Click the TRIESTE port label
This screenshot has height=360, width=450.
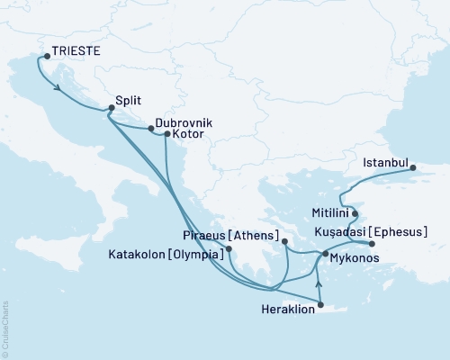pyautogui.click(x=76, y=53)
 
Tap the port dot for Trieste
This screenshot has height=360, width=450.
pyautogui.click(x=45, y=57)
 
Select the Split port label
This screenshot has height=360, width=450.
pyautogui.click(x=130, y=103)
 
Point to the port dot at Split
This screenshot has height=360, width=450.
pyautogui.click(x=111, y=109)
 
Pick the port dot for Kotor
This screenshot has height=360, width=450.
pyautogui.click(x=167, y=134)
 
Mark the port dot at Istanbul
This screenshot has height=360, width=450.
pyautogui.click(x=413, y=167)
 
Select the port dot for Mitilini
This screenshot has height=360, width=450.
pyautogui.click(x=355, y=214)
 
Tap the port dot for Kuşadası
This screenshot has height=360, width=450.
pyautogui.click(x=372, y=244)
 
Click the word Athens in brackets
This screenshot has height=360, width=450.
pyautogui.click(x=256, y=236)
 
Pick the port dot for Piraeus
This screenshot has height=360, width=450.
pyautogui.click(x=284, y=241)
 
